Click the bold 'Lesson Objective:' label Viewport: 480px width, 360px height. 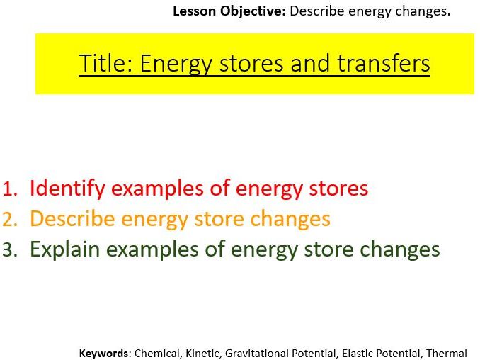pos(229,11)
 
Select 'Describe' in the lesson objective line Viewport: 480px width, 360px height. pos(315,11)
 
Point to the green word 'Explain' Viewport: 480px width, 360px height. pos(66,250)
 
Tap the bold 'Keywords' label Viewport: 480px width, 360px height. pos(104,353)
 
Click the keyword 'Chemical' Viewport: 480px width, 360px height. pos(157,353)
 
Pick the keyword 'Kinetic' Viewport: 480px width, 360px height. pos(202,353)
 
